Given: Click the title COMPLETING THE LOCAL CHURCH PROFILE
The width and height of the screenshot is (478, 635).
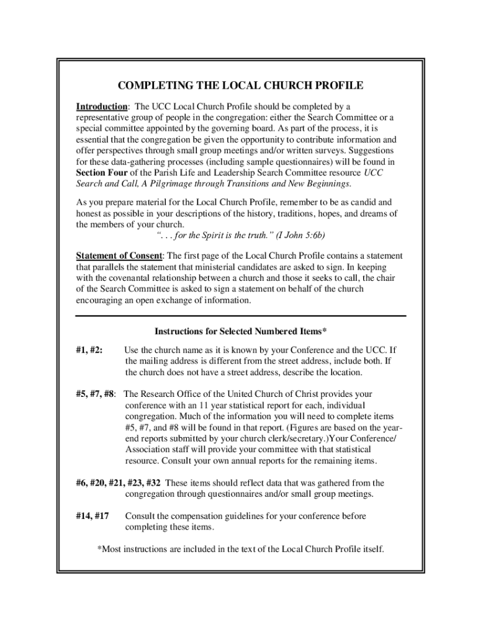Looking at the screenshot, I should coord(240,85).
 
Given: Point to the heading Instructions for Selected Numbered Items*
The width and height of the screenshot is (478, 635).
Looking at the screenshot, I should coord(240,331).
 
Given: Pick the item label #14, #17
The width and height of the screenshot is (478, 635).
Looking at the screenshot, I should coord(92,516).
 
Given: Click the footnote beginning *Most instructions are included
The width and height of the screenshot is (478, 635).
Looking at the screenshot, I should coord(241,549).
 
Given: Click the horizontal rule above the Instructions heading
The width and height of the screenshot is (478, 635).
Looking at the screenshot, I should coord(240,316).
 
